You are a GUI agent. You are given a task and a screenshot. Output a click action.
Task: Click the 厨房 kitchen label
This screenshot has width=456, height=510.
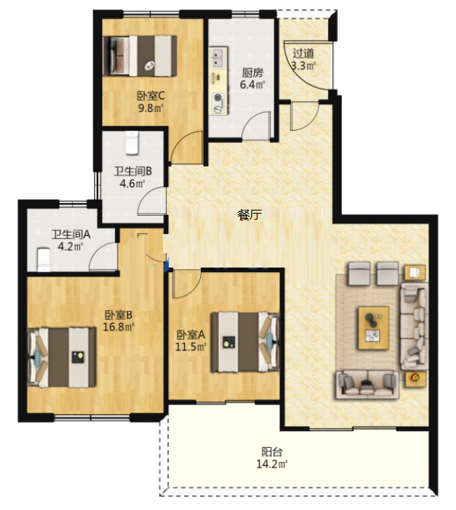[x=253, y=72]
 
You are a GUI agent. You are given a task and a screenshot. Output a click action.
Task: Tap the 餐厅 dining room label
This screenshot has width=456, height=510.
[x=250, y=215]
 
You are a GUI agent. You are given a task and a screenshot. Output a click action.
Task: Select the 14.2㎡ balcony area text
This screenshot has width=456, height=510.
[x=272, y=464]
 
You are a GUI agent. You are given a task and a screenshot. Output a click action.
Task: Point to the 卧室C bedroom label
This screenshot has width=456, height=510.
[x=151, y=96]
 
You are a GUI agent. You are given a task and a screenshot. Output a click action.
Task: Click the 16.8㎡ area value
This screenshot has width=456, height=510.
[x=119, y=327]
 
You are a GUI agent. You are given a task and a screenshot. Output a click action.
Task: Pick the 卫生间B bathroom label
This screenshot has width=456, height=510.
[x=132, y=171]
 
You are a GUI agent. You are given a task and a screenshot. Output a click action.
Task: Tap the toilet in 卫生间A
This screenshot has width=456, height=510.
[x=43, y=259]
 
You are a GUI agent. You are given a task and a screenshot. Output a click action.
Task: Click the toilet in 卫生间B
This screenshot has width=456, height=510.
[x=132, y=143]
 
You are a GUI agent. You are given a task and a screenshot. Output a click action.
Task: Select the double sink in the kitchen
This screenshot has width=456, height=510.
[x=218, y=58]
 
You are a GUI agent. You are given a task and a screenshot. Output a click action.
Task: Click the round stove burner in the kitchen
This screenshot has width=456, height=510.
[x=218, y=97]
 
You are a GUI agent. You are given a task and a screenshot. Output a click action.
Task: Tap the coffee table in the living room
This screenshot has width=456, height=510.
[x=374, y=328]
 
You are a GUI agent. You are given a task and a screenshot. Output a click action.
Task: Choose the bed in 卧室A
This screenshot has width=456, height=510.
[x=245, y=342]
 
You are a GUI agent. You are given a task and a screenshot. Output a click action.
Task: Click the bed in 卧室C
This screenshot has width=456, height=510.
[x=140, y=56]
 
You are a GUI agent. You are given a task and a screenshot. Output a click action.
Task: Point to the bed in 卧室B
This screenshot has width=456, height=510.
[x=62, y=357]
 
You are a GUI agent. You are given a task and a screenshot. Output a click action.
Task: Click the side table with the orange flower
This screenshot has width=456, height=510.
[x=416, y=379]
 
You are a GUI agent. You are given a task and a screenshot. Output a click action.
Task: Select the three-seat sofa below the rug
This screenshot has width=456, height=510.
[x=367, y=385]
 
